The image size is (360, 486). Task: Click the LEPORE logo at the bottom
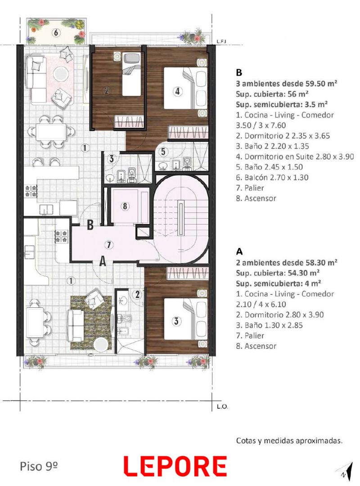pyautogui.click(x=175, y=466)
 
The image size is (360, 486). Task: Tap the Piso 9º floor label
pyautogui.click(x=39, y=466)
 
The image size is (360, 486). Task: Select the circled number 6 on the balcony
pyautogui.click(x=56, y=32)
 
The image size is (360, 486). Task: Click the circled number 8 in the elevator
pyautogui.click(x=125, y=206)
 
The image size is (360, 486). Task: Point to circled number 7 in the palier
pyautogui.click(x=109, y=245)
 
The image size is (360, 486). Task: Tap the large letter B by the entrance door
pyautogui.click(x=90, y=225)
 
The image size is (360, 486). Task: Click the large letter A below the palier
pyautogui.click(x=103, y=261)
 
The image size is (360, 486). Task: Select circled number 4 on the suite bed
pyautogui.click(x=177, y=91)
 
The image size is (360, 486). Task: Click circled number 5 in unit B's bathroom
pyautogui.click(x=163, y=152)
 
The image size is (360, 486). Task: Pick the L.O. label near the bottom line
pyautogui.click(x=222, y=406)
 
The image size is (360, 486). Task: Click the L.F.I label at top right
pyautogui.click(x=221, y=41)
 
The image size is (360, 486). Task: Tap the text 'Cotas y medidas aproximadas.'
pyautogui.click(x=289, y=441)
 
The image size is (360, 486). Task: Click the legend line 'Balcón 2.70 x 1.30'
pyautogui.click(x=272, y=177)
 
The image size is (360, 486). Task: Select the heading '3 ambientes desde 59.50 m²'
pyautogui.click(x=287, y=83)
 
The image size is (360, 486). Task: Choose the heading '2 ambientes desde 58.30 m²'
pyautogui.click(x=287, y=262)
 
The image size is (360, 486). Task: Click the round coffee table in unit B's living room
pyautogui.click(x=60, y=74)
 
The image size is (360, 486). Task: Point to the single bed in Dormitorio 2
pyautogui.click(x=132, y=74)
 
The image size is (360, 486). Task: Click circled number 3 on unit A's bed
pyautogui.click(x=176, y=321)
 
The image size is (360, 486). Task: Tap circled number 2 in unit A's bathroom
pyautogui.click(x=138, y=294)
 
